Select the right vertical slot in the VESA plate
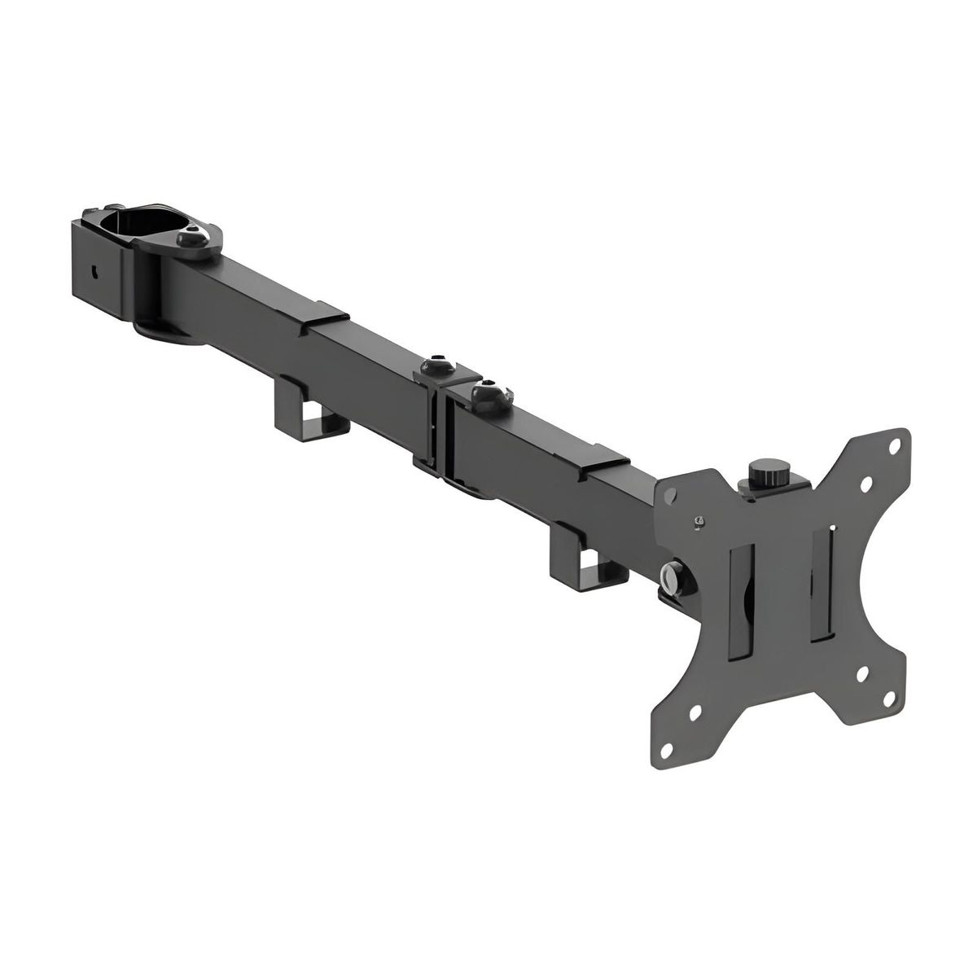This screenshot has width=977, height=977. pos(820,579)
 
